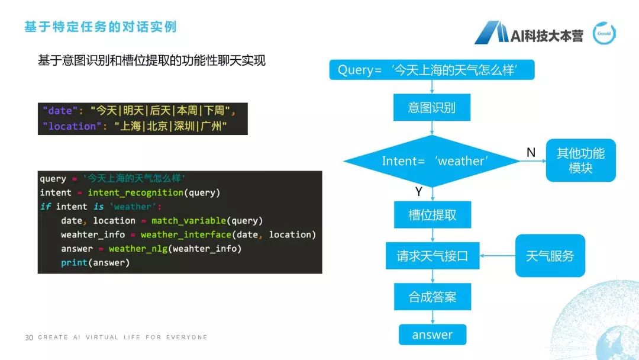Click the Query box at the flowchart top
[x=432, y=70]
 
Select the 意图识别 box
[x=432, y=108]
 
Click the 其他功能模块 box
[x=580, y=160]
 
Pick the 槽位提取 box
[x=432, y=215]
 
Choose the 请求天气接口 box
[x=432, y=256]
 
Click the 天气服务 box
[x=550, y=256]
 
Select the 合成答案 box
[x=432, y=297]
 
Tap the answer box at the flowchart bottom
[x=432, y=335]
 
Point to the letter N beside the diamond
[x=531, y=153]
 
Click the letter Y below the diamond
[x=418, y=192]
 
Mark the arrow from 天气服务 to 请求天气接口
[x=498, y=256]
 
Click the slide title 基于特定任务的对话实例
[x=100, y=27]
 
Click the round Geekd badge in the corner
[x=603, y=34]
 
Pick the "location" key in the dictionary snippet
[x=69, y=126]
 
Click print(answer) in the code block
[x=95, y=262]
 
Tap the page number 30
[x=29, y=337]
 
